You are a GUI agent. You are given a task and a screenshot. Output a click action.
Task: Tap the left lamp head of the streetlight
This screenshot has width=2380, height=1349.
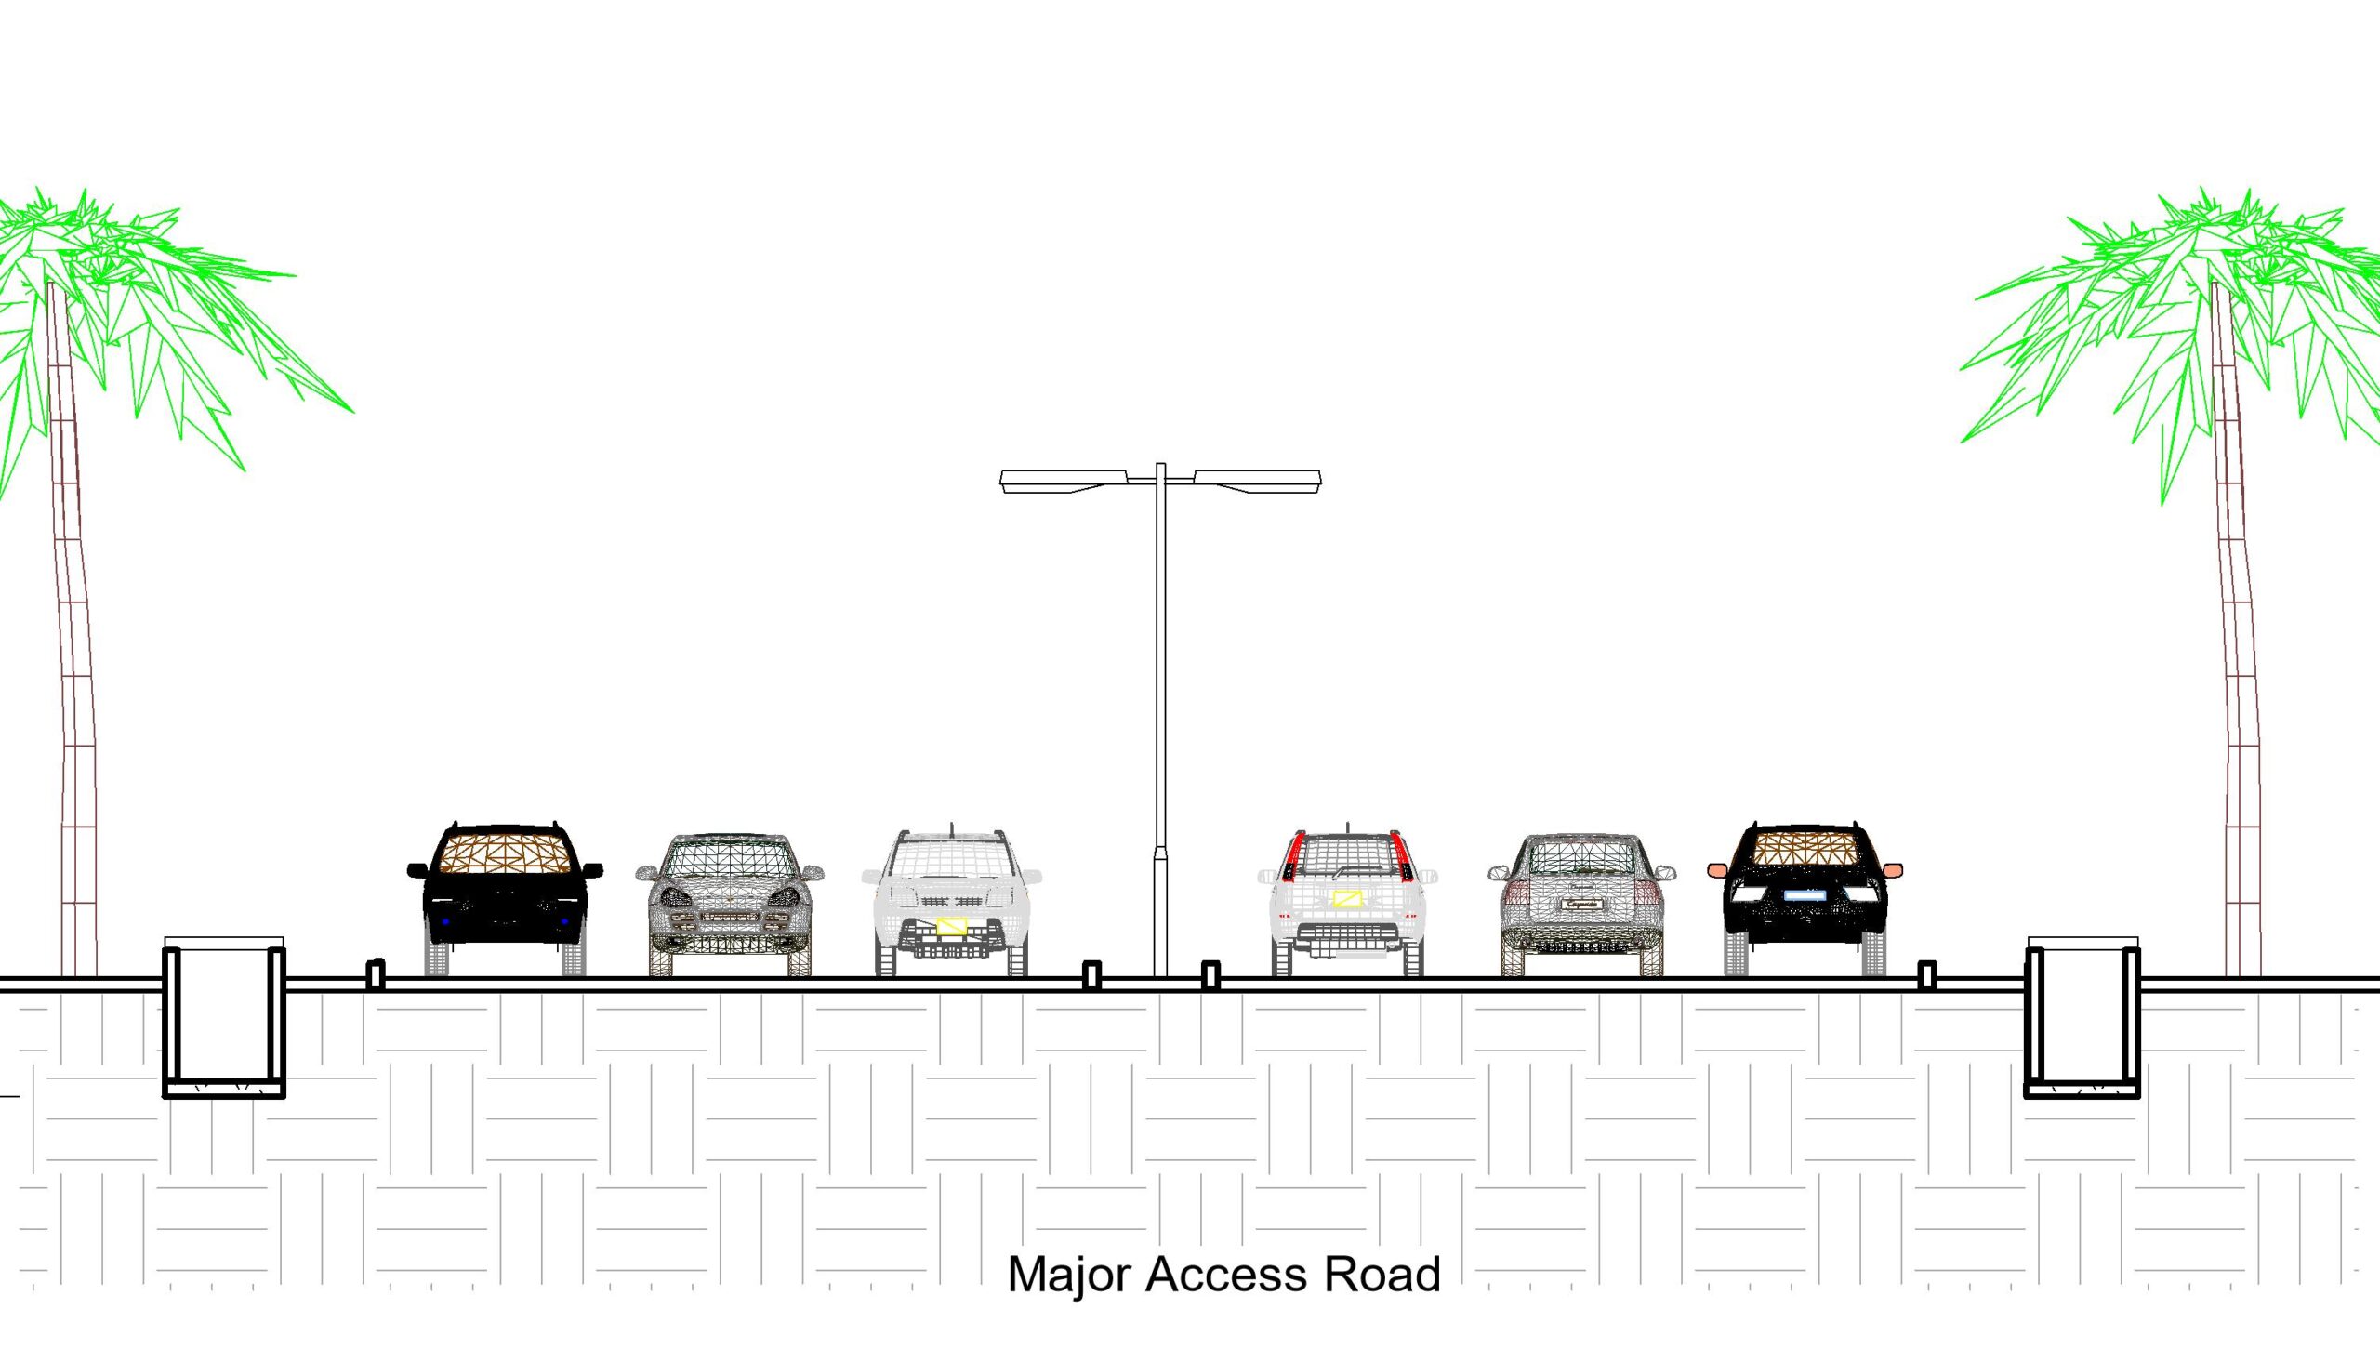coord(1064,481)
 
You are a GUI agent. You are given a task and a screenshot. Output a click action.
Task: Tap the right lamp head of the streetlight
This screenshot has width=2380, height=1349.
coord(1257,481)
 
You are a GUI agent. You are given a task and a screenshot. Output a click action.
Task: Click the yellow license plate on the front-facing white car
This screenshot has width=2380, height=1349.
coord(951,926)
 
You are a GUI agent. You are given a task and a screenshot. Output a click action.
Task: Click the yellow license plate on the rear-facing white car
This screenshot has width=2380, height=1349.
coord(1347,898)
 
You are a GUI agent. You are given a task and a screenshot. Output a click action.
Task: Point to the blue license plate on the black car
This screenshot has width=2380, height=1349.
coord(1805,895)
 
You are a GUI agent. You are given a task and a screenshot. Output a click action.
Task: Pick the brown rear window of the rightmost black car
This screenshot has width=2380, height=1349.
coord(1805,847)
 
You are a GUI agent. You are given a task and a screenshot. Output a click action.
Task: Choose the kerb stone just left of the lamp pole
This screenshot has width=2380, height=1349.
coord(1092,975)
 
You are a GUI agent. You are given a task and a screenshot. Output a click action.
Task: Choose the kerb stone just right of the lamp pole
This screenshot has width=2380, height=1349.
coord(1210,975)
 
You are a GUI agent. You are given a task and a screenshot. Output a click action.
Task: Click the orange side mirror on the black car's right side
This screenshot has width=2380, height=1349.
coord(1893,870)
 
